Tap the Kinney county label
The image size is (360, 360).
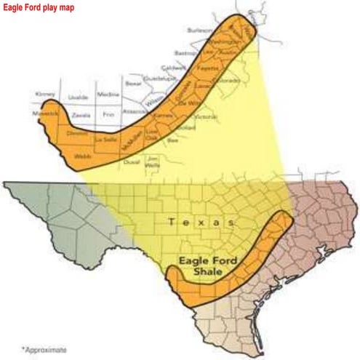(x=45, y=95)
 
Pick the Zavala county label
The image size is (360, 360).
(x=81, y=115)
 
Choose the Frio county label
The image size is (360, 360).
(x=109, y=114)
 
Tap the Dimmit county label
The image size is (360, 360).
(x=76, y=133)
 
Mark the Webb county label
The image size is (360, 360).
(x=81, y=156)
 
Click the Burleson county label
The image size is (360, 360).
(x=199, y=31)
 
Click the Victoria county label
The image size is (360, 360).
(x=207, y=116)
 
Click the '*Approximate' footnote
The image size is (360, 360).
(x=44, y=350)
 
